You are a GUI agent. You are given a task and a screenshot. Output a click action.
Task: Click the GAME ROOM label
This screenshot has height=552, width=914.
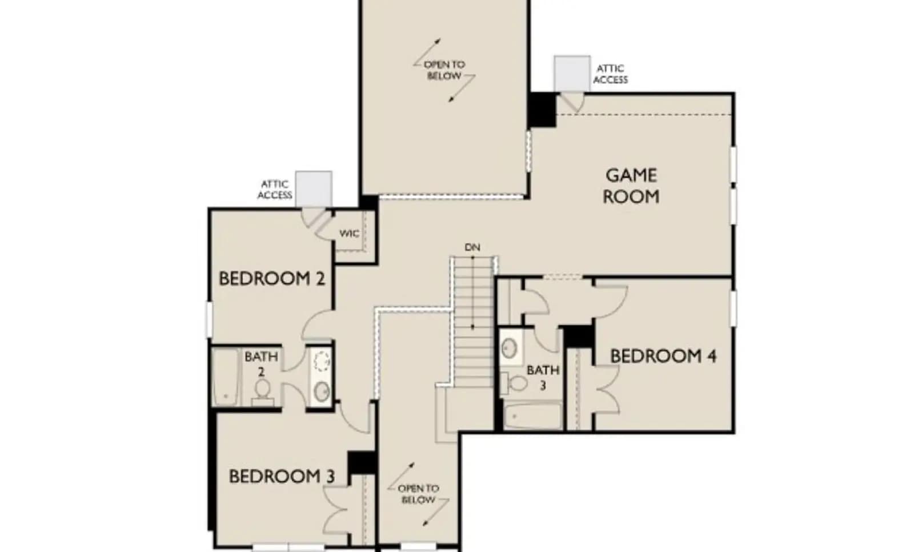(631, 186)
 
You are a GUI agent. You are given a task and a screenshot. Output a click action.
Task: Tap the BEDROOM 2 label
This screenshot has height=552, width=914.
(272, 279)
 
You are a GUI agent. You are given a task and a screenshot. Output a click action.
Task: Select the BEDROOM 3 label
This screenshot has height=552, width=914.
(282, 477)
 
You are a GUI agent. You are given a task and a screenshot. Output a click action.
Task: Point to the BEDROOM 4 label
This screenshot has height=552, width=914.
(663, 357)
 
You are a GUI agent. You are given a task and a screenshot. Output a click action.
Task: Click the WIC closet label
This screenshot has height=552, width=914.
(349, 234)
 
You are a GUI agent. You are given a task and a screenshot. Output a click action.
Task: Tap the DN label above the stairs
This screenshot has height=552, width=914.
(472, 247)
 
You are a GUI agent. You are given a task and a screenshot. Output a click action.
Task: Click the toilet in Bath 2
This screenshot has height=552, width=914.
(262, 391)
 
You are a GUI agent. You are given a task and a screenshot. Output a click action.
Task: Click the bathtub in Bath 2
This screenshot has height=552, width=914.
(225, 377)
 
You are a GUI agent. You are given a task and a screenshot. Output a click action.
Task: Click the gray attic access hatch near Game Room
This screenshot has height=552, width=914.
(572, 74)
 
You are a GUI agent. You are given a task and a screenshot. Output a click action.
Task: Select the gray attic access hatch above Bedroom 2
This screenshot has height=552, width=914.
(314, 189)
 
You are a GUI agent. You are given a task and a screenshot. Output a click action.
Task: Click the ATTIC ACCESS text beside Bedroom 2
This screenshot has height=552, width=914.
(275, 190)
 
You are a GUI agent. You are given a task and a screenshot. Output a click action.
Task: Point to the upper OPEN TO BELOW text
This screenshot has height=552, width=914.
(444, 70)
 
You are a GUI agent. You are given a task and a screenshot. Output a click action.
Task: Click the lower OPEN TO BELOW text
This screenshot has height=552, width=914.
(418, 494)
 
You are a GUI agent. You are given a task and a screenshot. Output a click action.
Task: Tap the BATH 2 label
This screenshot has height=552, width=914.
(261, 364)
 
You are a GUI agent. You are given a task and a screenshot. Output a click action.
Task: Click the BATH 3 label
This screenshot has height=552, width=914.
(543, 378)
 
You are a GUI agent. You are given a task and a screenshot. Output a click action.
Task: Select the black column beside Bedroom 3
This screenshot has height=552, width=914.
(361, 463)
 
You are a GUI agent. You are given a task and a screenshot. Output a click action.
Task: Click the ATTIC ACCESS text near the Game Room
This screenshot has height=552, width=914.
(611, 74)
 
